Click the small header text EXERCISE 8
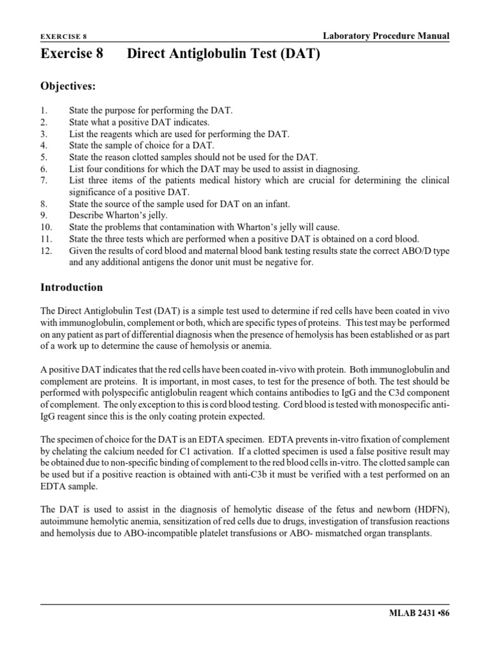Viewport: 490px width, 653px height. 63,38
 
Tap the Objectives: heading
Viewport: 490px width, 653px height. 69,85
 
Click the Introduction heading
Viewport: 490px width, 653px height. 72,288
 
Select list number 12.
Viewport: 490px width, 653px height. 45,250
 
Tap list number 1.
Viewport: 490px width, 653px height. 43,111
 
